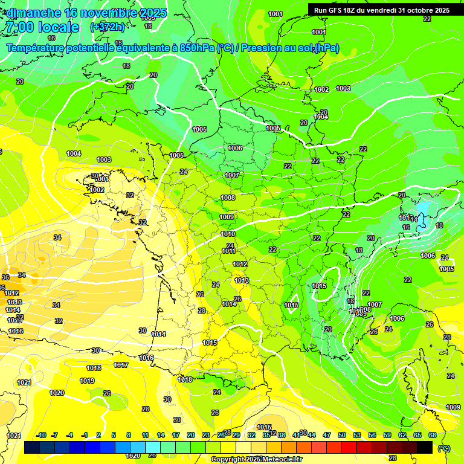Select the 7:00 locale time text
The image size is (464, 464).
click(x=42, y=27)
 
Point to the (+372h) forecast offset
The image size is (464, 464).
click(x=107, y=27)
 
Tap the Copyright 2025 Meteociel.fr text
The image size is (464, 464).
click(x=256, y=460)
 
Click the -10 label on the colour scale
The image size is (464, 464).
click(x=41, y=435)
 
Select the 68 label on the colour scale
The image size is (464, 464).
click(x=433, y=435)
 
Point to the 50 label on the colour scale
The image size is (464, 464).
click(x=342, y=435)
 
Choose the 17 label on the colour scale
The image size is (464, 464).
click(x=176, y=435)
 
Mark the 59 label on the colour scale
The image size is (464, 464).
click(x=387, y=435)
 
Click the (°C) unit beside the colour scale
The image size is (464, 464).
click(x=444, y=448)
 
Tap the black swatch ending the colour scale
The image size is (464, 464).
click(x=425, y=447)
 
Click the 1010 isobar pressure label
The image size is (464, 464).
click(x=228, y=234)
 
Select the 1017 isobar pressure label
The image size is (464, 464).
click(x=121, y=365)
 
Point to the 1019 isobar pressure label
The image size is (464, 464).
click(x=87, y=381)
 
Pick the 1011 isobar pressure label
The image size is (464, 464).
click(x=228, y=251)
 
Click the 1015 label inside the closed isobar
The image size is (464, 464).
click(x=320, y=286)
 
